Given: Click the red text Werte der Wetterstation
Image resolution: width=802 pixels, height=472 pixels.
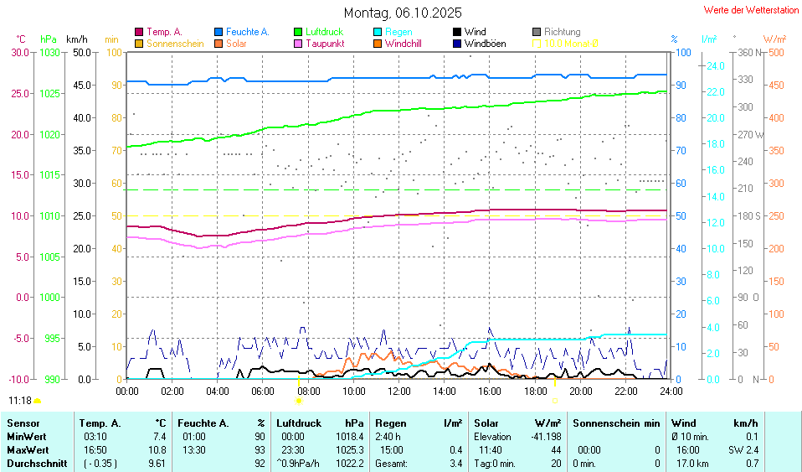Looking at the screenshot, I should [751, 10].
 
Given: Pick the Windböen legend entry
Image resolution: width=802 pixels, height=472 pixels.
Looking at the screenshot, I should [485, 43].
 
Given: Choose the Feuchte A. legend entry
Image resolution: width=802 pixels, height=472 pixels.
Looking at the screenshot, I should [247, 32].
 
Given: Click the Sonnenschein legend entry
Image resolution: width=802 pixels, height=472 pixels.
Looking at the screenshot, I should [175, 43].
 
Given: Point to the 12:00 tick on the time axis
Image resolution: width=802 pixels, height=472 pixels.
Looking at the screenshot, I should [399, 391].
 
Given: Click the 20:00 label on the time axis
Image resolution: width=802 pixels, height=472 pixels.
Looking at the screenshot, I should [580, 391].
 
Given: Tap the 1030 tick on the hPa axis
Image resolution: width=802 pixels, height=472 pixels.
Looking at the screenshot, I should [50, 53].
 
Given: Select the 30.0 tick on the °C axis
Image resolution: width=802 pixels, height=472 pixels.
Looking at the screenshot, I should [18, 53].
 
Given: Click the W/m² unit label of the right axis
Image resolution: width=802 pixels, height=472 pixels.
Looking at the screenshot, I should [774, 39].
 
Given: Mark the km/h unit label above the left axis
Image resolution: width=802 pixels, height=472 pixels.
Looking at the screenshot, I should [76, 39].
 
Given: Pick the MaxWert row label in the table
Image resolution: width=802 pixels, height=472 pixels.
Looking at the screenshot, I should [25, 449].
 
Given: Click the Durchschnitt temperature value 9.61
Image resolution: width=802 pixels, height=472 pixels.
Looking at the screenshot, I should [157, 463].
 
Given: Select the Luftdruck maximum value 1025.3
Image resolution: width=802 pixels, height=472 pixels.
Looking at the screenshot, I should [349, 449].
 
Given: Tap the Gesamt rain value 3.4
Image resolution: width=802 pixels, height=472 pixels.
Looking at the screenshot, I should [455, 463].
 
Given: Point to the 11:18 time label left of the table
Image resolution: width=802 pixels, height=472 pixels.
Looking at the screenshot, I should [20, 401].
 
